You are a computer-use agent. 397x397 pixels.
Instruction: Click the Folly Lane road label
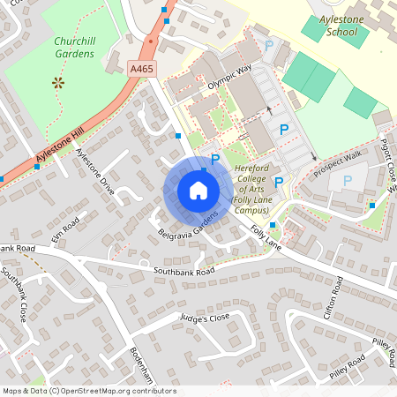click(265, 236)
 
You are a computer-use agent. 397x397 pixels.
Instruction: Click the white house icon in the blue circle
click(198, 190)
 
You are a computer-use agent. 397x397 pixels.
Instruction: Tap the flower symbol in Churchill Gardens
click(59, 83)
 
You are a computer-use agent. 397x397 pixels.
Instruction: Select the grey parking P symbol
click(347, 180)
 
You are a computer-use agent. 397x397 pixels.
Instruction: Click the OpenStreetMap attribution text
click(88, 390)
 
